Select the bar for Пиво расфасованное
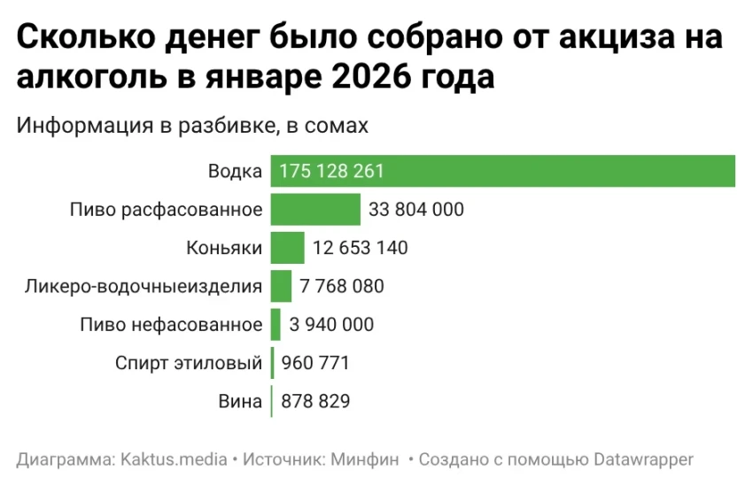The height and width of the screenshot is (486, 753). click(315, 210)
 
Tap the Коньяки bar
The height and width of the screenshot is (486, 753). click(287, 248)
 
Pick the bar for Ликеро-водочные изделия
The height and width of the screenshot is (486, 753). click(281, 286)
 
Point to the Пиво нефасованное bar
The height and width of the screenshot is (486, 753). click(276, 325)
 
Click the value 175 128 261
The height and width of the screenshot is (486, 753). click(331, 172)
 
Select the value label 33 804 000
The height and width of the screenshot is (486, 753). click(416, 210)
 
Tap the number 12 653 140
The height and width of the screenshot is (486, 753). click(361, 248)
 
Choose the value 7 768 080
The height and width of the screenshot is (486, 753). click(341, 287)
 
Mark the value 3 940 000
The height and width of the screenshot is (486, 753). click(331, 325)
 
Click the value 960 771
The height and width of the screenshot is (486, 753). click(315, 363)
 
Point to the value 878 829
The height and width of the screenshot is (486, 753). click(315, 401)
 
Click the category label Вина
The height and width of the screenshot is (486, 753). click(240, 401)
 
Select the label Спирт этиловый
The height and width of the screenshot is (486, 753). click(189, 363)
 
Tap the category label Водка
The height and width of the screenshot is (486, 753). click(235, 172)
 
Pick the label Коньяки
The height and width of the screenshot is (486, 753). click(224, 248)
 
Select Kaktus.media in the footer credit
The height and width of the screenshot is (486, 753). click(173, 459)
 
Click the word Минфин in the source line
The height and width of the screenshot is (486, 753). click(367, 459)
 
